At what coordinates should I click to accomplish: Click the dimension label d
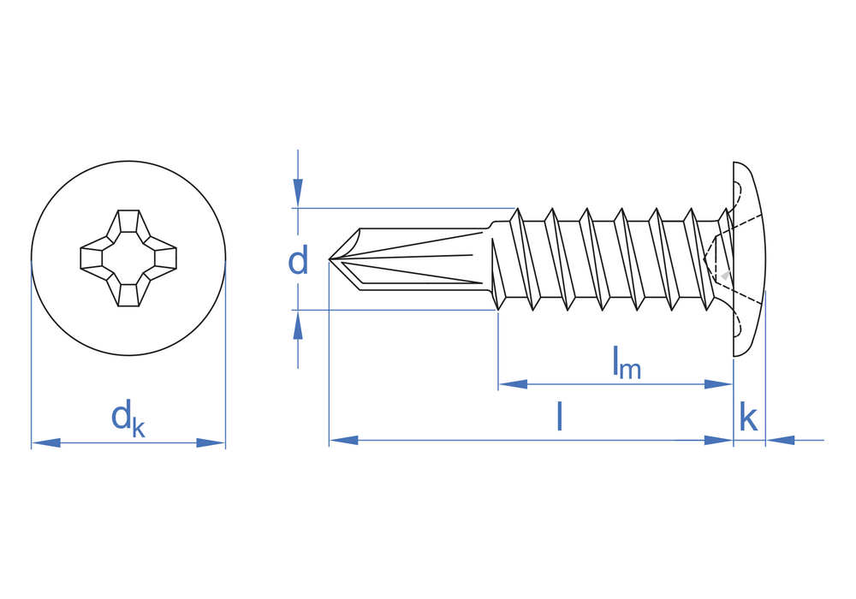click(298, 260)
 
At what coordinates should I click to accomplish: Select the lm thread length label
click(626, 362)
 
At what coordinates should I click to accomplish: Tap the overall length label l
click(559, 416)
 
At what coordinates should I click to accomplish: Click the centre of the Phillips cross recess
click(128, 258)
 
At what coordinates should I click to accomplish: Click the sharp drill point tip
click(329, 258)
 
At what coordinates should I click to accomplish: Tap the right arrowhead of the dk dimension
click(211, 442)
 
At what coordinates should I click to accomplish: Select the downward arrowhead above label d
click(298, 192)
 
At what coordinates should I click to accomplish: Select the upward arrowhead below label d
click(298, 325)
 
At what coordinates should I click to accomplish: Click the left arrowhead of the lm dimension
click(513, 384)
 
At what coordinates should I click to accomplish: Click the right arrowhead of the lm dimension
click(718, 384)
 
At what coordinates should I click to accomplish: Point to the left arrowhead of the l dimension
click(343, 440)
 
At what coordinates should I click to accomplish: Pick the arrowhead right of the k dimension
click(781, 440)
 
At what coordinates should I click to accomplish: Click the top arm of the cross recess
click(128, 223)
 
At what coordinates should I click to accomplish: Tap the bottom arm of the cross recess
click(128, 293)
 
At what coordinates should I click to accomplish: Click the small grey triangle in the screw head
click(726, 275)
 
